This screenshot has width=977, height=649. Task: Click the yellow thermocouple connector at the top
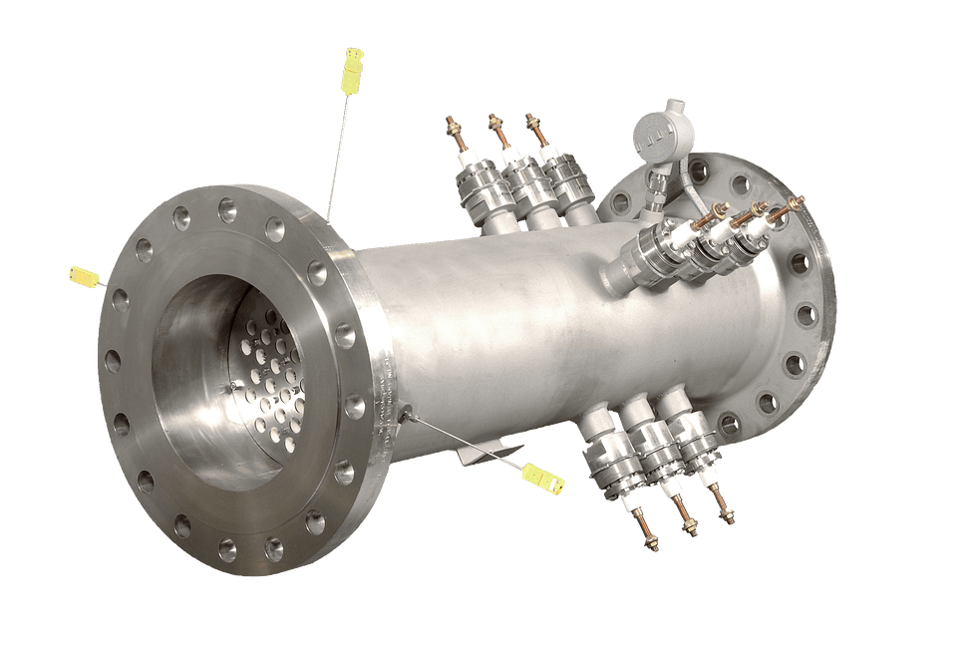click(353, 67)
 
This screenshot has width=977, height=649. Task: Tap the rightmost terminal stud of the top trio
click(531, 125)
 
